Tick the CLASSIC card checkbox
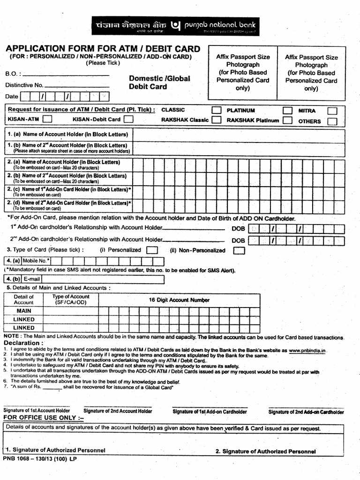[216, 110]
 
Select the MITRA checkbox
[332, 111]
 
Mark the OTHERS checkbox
[332, 121]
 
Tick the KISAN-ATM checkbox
[47, 120]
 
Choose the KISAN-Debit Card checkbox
[128, 120]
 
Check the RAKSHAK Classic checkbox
[216, 120]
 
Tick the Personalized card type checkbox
[151, 250]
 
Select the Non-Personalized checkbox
[239, 250]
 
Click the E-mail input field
[103, 280]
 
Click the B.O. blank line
[66, 75]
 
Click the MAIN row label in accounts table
[24, 311]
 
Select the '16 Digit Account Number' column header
[179, 300]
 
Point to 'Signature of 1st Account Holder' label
[37, 411]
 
